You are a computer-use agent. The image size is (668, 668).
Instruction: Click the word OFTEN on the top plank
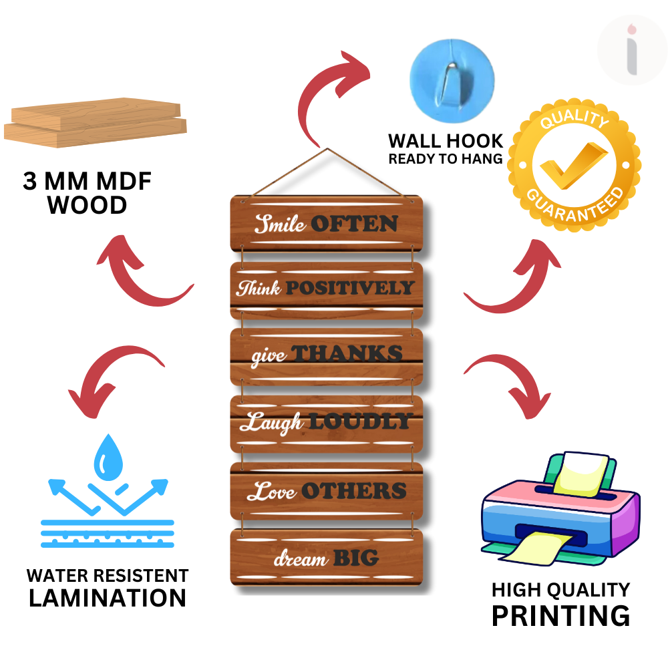tap(355, 224)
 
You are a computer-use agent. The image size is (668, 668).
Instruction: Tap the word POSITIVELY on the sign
tap(350, 289)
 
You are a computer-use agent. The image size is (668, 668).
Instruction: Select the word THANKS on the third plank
tap(347, 354)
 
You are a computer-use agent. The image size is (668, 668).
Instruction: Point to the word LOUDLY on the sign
tap(359, 422)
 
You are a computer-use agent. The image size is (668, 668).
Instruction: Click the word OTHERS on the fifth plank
tap(353, 491)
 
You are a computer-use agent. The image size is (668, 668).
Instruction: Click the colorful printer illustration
tap(560, 508)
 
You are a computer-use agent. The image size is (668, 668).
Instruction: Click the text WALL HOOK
tap(446, 141)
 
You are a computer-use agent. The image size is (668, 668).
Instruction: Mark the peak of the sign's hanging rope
tap(327, 150)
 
